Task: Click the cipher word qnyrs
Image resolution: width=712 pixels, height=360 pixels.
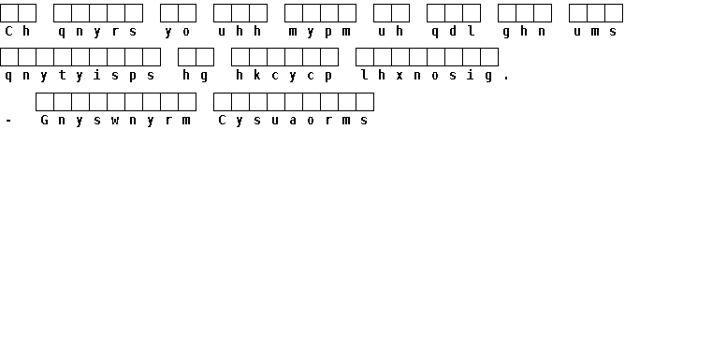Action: [x=97, y=32]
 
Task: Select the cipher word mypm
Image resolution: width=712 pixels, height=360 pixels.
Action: [x=320, y=32]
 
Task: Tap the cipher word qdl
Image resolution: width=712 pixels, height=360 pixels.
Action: [x=453, y=31]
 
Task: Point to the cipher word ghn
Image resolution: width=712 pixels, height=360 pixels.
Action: [x=524, y=31]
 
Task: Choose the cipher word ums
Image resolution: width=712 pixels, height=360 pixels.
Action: [x=595, y=32]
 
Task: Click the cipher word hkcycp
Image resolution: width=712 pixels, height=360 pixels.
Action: [x=283, y=76]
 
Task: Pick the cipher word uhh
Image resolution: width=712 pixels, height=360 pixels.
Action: [x=240, y=31]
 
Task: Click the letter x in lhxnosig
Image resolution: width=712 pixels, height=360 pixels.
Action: [x=400, y=76]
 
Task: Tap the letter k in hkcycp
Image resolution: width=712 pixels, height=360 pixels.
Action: [x=257, y=75]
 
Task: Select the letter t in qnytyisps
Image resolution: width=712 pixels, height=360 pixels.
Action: [x=62, y=75]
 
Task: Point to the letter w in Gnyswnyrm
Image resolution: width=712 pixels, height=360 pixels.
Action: [x=115, y=121]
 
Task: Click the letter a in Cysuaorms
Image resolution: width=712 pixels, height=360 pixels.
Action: [x=293, y=121]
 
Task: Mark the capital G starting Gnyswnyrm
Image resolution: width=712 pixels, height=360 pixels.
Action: [x=45, y=120]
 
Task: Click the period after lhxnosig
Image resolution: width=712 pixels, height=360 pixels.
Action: [x=507, y=79]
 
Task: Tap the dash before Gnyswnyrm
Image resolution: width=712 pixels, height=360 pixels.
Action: [x=8, y=121]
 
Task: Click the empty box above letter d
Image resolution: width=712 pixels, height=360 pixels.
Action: [x=454, y=13]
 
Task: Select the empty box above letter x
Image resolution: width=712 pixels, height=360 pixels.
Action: [x=400, y=57]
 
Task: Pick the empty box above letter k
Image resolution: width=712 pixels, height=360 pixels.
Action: [x=258, y=57]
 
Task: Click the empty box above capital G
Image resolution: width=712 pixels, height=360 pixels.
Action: [x=45, y=102]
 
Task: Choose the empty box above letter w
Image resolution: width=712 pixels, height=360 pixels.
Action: [x=116, y=102]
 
